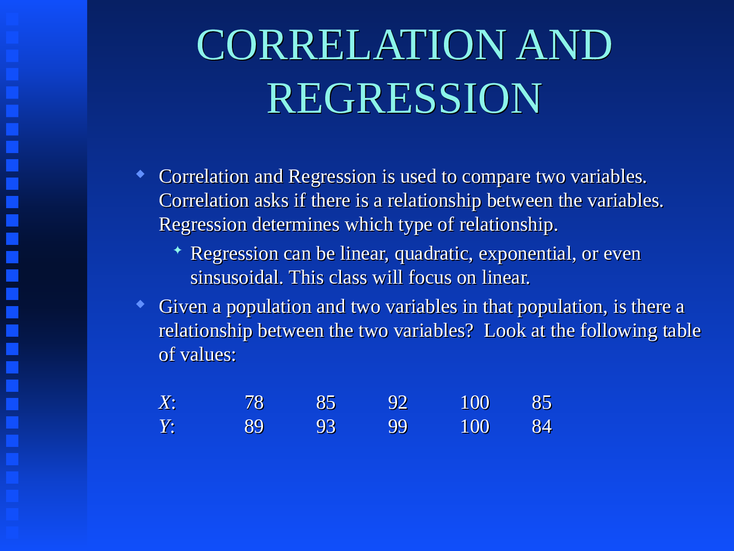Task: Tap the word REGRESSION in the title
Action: (404, 98)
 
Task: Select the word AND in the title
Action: (564, 45)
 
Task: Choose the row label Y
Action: (166, 427)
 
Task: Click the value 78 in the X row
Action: (254, 403)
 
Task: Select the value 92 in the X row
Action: (398, 403)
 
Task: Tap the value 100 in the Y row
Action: (475, 427)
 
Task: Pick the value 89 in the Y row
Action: (254, 427)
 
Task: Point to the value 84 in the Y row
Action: (541, 427)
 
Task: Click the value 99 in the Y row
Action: (398, 427)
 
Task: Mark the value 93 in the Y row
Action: (326, 427)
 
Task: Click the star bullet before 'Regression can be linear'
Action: (177, 250)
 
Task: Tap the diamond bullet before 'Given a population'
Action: (141, 305)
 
